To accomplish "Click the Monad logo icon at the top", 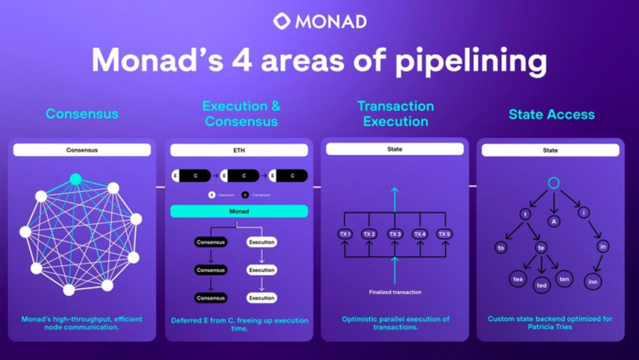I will tap(282, 21).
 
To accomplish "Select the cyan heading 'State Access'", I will tap(551, 115).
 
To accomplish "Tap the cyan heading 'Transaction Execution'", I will tap(394, 114).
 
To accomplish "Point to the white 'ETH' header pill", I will tap(239, 149).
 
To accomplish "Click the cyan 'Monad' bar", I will tap(239, 210).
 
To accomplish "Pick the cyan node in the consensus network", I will tap(75, 178).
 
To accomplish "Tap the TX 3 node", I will tap(394, 234).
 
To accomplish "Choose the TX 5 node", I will tap(445, 234).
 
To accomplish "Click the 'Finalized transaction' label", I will tap(395, 291).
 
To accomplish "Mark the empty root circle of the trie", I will tap(553, 184).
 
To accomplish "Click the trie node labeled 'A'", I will tap(553, 219).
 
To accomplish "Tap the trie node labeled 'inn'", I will tap(593, 282).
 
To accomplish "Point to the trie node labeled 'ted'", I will tap(542, 286).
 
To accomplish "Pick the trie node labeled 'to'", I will tap(501, 247).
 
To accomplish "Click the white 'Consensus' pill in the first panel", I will tap(81, 149).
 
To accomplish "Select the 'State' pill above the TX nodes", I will tap(394, 149).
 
